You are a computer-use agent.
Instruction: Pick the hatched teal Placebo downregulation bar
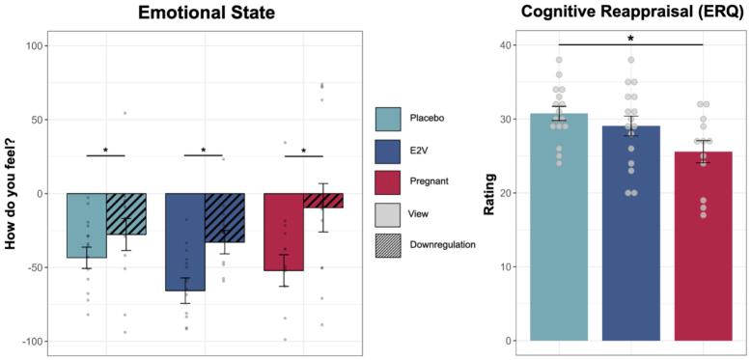pos(125,213)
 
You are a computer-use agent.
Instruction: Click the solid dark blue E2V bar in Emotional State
pos(184,241)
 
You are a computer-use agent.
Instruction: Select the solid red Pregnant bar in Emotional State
pos(283,231)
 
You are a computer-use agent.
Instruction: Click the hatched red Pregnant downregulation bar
pos(322,200)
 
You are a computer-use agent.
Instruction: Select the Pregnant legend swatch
pos(388,181)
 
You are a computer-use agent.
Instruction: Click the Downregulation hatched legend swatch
pos(388,245)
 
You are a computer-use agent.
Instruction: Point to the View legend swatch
pos(388,213)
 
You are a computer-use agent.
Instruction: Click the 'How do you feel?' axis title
pos(12,194)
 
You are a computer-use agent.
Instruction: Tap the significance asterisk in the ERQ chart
pos(631,38)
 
